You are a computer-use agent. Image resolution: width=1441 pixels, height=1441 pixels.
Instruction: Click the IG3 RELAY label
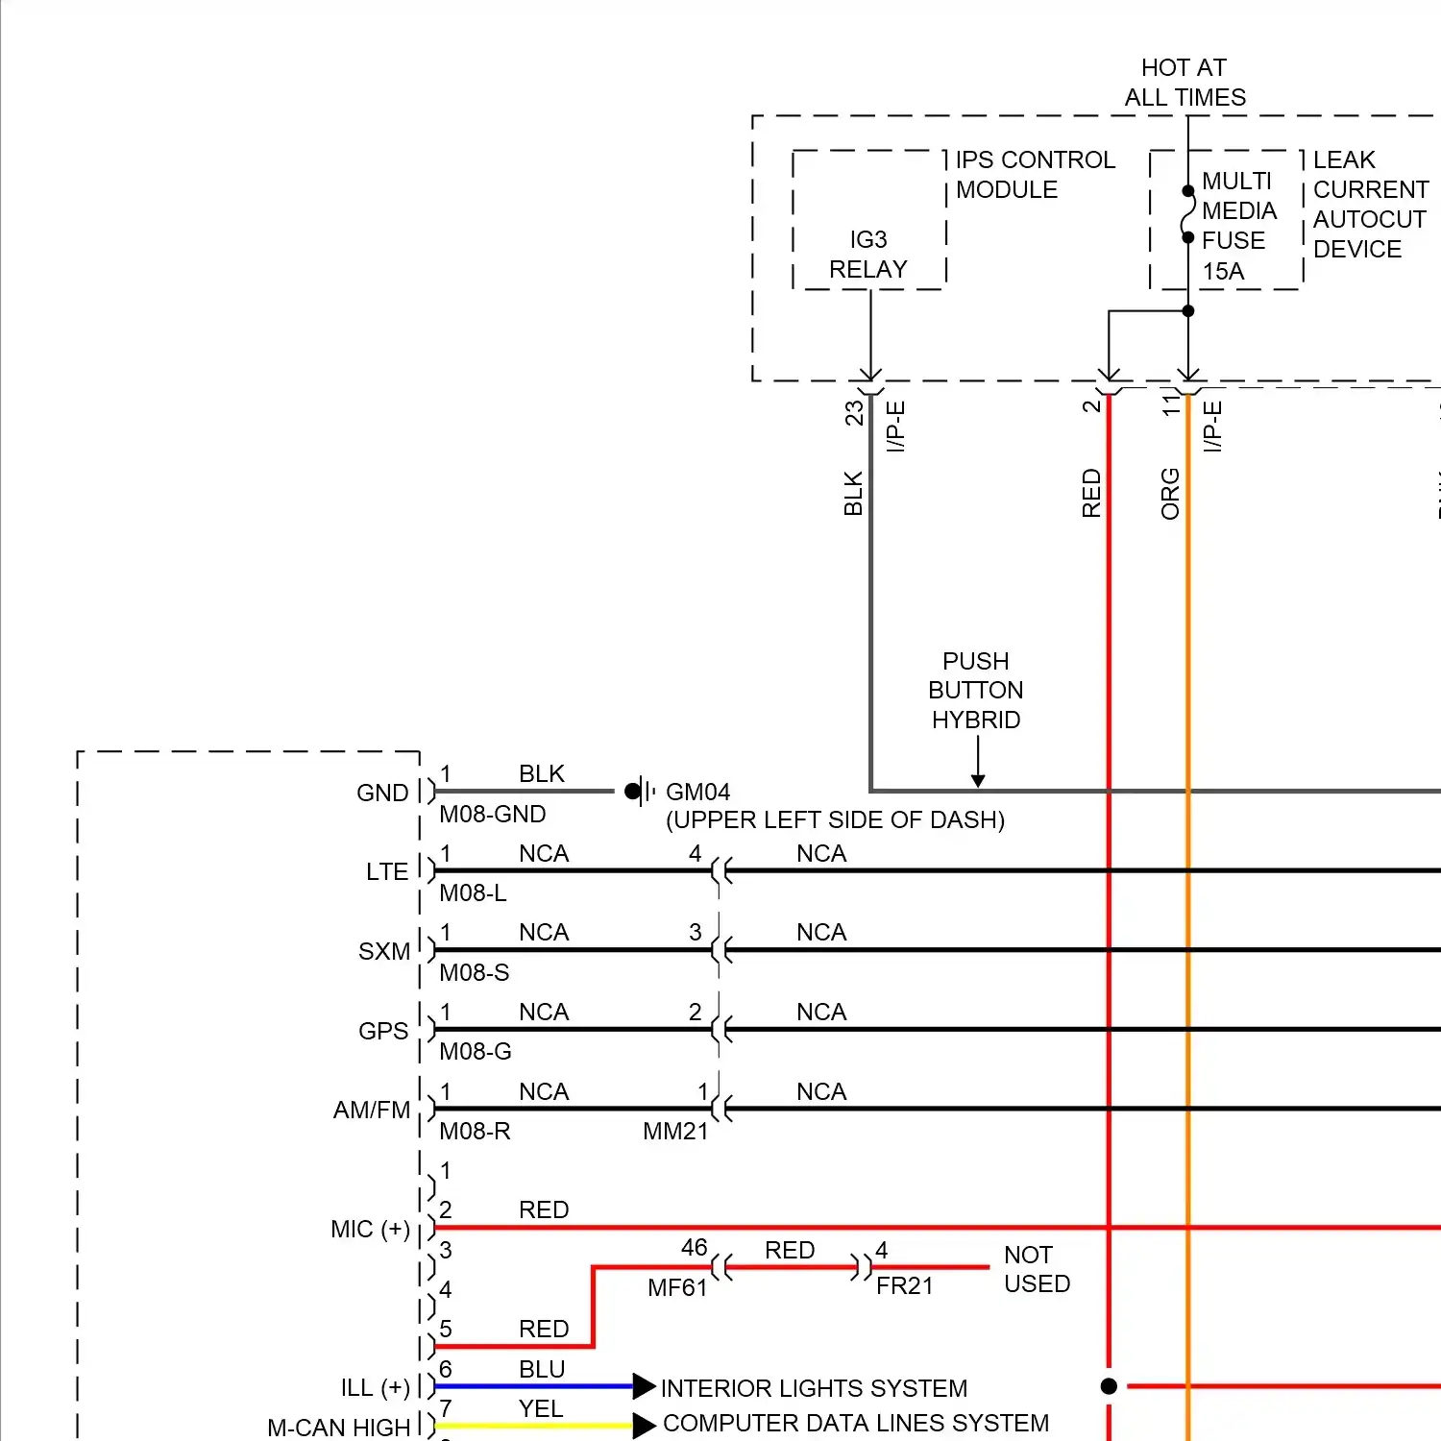[867, 255]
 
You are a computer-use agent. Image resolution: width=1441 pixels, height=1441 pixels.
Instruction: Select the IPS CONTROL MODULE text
[1035, 175]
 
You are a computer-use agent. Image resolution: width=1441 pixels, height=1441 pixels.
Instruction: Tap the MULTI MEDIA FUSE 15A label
[1238, 226]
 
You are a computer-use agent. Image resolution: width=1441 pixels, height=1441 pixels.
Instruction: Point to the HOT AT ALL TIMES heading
[1185, 83]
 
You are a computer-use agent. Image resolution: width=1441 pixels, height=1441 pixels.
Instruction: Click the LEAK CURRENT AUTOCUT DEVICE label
[1369, 204]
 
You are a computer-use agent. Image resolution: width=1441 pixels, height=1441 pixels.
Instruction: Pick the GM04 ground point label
[697, 793]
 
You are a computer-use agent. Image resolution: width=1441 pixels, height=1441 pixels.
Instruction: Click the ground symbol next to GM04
[640, 792]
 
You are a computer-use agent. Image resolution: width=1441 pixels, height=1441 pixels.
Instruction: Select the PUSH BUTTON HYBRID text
[975, 690]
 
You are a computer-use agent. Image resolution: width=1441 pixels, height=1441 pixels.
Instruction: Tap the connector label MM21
[674, 1132]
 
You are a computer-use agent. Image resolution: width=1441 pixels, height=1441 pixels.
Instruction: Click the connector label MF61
[676, 1288]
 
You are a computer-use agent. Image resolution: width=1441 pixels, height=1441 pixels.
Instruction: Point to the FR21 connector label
[904, 1286]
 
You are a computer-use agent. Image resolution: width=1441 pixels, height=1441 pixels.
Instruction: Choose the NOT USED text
[1037, 1269]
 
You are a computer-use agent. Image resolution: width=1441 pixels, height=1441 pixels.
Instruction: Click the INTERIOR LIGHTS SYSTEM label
[814, 1388]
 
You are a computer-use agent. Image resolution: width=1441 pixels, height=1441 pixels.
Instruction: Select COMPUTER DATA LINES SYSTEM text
[856, 1423]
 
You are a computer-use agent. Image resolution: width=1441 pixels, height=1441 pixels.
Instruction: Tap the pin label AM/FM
[372, 1111]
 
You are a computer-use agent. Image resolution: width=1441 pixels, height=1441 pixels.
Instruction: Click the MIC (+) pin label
[370, 1230]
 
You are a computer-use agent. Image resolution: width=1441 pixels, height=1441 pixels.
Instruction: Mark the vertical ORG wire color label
[1170, 494]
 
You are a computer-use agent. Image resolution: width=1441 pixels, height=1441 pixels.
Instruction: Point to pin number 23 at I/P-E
[854, 413]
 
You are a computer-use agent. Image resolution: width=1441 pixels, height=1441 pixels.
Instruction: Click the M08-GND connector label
[492, 815]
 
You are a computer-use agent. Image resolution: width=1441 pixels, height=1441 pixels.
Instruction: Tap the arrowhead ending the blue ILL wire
[644, 1386]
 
